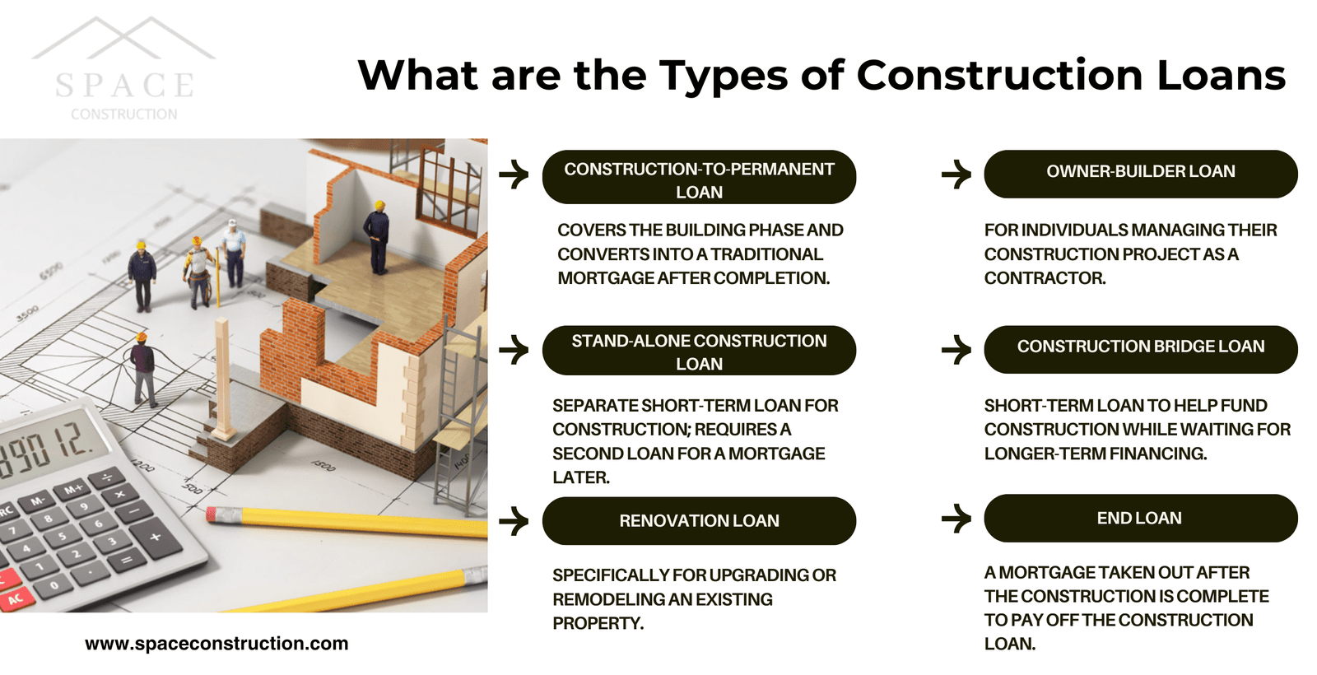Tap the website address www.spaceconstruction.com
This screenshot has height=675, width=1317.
click(216, 643)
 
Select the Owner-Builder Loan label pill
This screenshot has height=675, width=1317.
click(1141, 174)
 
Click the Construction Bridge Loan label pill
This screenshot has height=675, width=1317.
click(1141, 349)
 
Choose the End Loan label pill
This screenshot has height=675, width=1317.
click(1141, 518)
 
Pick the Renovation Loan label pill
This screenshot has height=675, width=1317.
click(699, 521)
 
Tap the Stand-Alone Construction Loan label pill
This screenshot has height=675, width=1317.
click(699, 351)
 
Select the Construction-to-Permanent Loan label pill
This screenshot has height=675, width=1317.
click(699, 177)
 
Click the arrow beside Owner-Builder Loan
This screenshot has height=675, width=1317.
click(956, 174)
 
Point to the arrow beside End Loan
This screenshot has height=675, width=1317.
click(956, 518)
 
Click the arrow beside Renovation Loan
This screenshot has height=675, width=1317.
click(514, 521)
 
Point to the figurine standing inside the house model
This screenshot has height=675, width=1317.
click(377, 238)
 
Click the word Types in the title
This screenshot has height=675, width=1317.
click(724, 77)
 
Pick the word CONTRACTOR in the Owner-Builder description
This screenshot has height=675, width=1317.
click(1045, 278)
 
